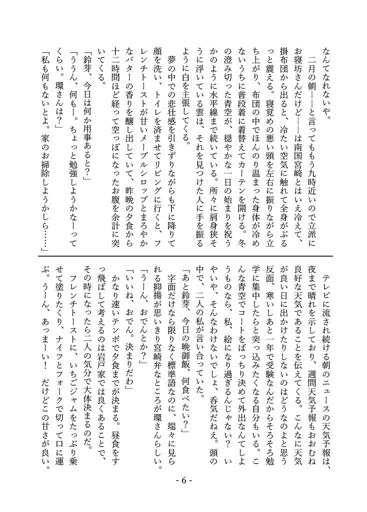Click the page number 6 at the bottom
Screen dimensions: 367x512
click(183, 481)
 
